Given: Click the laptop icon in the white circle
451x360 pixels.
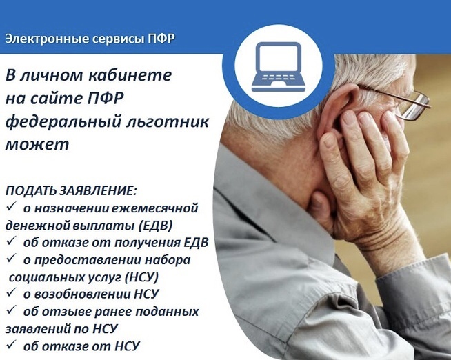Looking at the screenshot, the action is point(279,68).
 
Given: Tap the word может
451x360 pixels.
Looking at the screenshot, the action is point(37,145).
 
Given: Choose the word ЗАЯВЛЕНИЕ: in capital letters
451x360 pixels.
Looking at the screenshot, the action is point(98,190).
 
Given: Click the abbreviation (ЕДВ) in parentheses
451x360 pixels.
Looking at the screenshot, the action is point(156,226).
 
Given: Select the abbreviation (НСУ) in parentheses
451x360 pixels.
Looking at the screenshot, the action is point(142,277).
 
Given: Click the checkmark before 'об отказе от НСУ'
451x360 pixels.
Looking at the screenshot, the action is point(11,344).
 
